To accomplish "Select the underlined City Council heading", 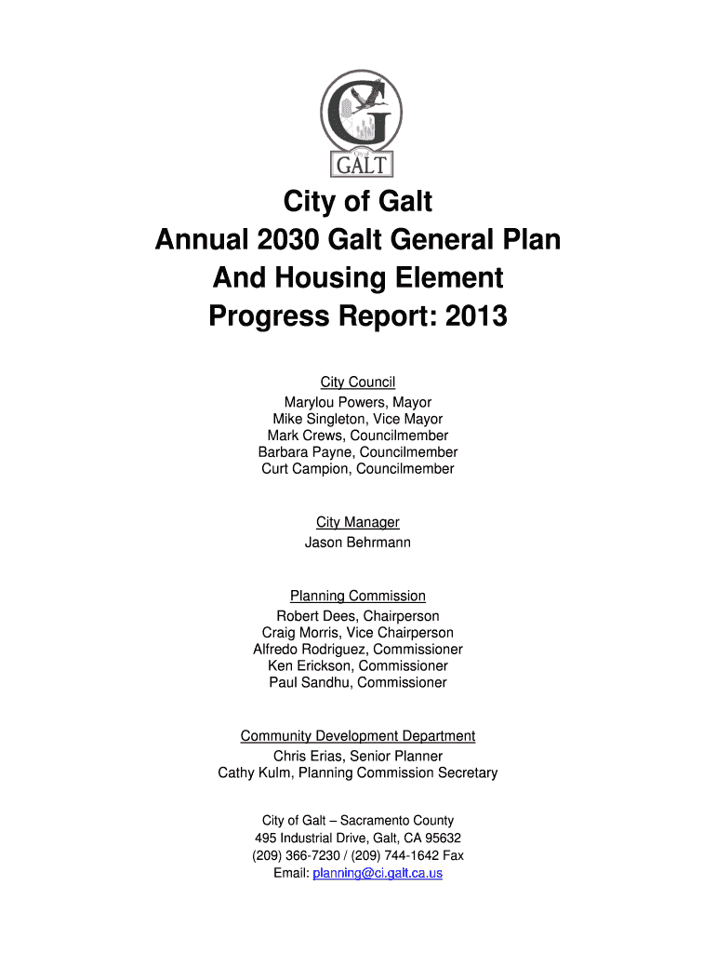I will click(x=358, y=383).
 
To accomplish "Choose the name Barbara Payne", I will click(x=297, y=453).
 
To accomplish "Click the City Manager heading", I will click(x=358, y=523).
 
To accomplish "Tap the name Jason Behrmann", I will click(x=358, y=543).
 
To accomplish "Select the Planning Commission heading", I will click(x=358, y=597).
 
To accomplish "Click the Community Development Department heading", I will click(x=358, y=736).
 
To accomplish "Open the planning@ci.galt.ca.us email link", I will click(x=378, y=874).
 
